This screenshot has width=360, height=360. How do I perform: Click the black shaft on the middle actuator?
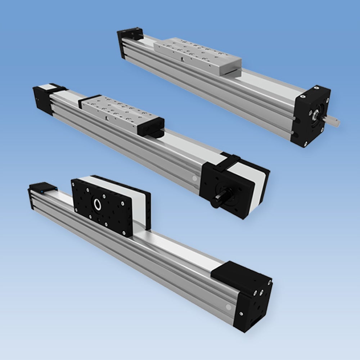pyautogui.click(x=220, y=198)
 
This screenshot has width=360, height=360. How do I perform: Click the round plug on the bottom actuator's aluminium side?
pyautogui.click(x=228, y=307)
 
